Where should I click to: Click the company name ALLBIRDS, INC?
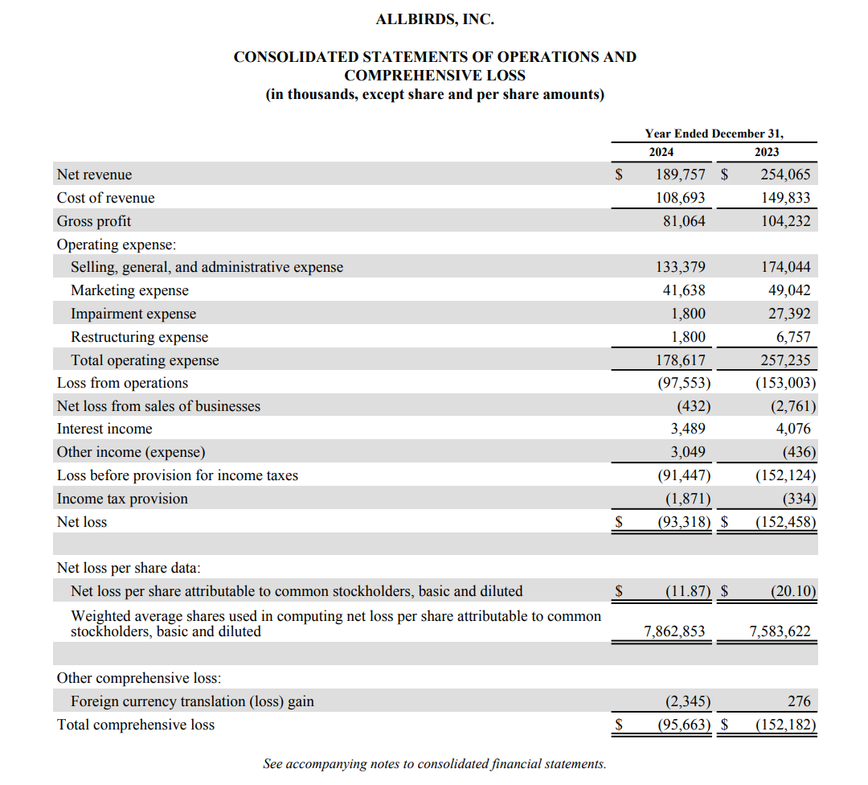click(x=434, y=19)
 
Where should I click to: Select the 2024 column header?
click(x=661, y=152)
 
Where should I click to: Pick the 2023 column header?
click(x=767, y=152)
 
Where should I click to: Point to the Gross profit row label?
click(x=94, y=221)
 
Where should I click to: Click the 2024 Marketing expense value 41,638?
click(x=682, y=290)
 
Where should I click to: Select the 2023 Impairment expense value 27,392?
click(x=788, y=314)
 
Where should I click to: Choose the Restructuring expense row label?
click(x=139, y=337)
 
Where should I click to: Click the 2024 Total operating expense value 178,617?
click(x=681, y=360)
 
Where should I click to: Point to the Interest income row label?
click(x=104, y=429)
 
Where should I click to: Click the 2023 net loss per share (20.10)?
click(x=792, y=591)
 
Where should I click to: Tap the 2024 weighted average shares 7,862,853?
click(x=675, y=631)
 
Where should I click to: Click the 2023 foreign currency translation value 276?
click(x=800, y=701)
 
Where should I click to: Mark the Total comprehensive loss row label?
click(x=136, y=725)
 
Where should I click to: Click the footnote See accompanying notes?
click(x=434, y=763)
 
